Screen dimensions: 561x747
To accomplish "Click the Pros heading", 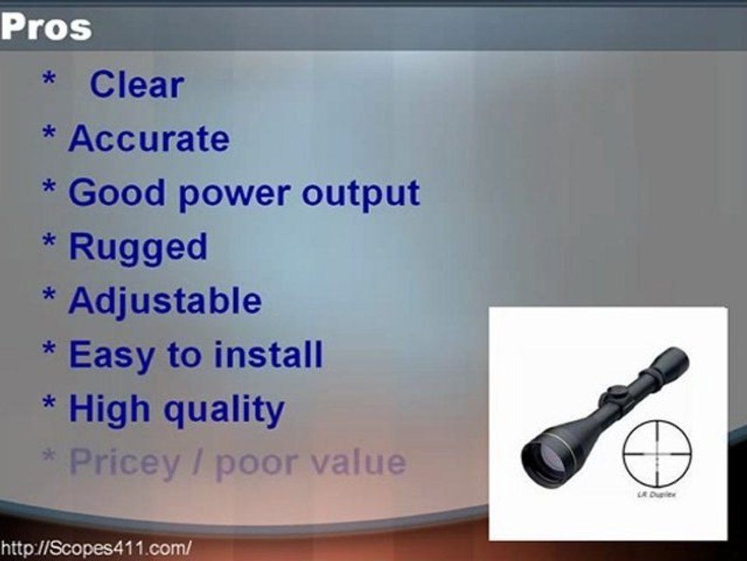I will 47,27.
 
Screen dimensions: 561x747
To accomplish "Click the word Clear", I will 136,85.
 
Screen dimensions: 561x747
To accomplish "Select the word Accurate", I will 149,139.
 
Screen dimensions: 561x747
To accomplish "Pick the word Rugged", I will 138,248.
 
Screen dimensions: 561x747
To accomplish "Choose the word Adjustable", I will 165,302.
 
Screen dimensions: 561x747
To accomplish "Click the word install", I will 268,355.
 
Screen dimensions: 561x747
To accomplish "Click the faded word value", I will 359,463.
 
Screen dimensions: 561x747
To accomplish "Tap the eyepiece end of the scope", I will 671,362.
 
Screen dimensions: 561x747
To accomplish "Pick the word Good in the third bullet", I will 114,193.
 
